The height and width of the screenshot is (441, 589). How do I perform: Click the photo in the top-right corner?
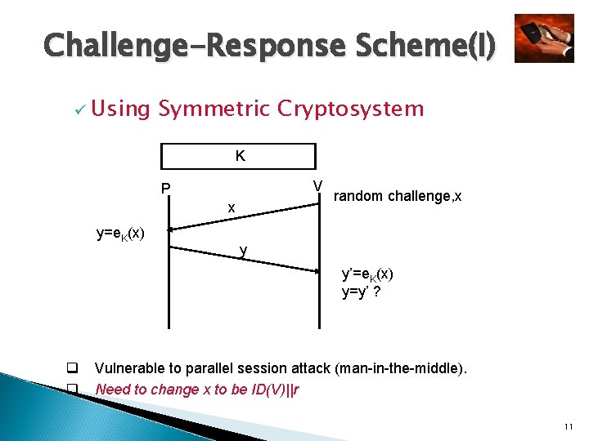tap(544, 38)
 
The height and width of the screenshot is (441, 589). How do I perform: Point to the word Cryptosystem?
tap(351, 109)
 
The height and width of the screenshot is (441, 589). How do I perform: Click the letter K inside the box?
tap(240, 156)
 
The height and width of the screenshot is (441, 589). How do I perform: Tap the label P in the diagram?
tap(166, 189)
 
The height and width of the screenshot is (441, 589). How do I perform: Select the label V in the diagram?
tap(317, 186)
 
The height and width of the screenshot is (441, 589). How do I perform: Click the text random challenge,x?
tap(398, 196)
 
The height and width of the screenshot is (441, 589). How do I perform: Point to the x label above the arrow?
tap(232, 208)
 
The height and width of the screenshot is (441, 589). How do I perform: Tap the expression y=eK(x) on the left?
tap(120, 234)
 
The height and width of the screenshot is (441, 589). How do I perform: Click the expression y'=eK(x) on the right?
tap(367, 275)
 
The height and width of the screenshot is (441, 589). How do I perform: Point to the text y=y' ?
tap(360, 292)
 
